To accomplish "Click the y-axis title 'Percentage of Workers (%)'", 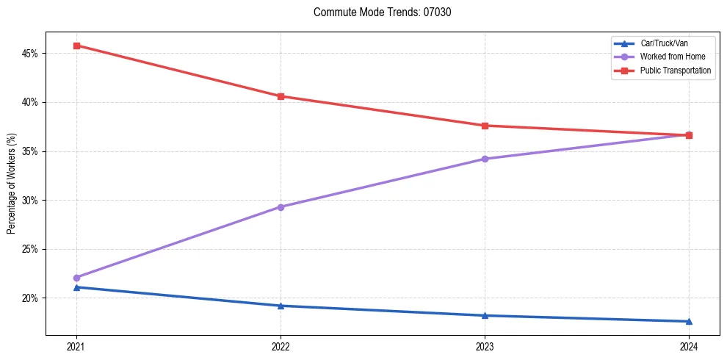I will [x=11, y=184].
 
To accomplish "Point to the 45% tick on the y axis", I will [x=29, y=54].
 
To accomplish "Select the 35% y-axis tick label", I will [x=29, y=151].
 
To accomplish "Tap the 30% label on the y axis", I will [x=29, y=200].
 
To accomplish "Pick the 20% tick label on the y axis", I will [x=29, y=298].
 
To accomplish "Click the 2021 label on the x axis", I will [x=76, y=346].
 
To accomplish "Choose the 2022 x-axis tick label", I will [x=281, y=346].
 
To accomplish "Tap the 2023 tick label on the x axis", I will [x=485, y=346].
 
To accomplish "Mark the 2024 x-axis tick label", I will [x=689, y=346].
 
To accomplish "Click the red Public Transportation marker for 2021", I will [x=76, y=46].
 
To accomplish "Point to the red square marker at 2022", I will [x=281, y=96].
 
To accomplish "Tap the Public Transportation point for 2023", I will [x=485, y=126].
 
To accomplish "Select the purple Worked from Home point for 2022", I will [x=281, y=207].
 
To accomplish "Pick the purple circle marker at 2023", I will [x=485, y=159].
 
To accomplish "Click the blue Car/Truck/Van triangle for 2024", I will [x=689, y=321].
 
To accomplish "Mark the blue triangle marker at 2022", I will [x=281, y=306].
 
